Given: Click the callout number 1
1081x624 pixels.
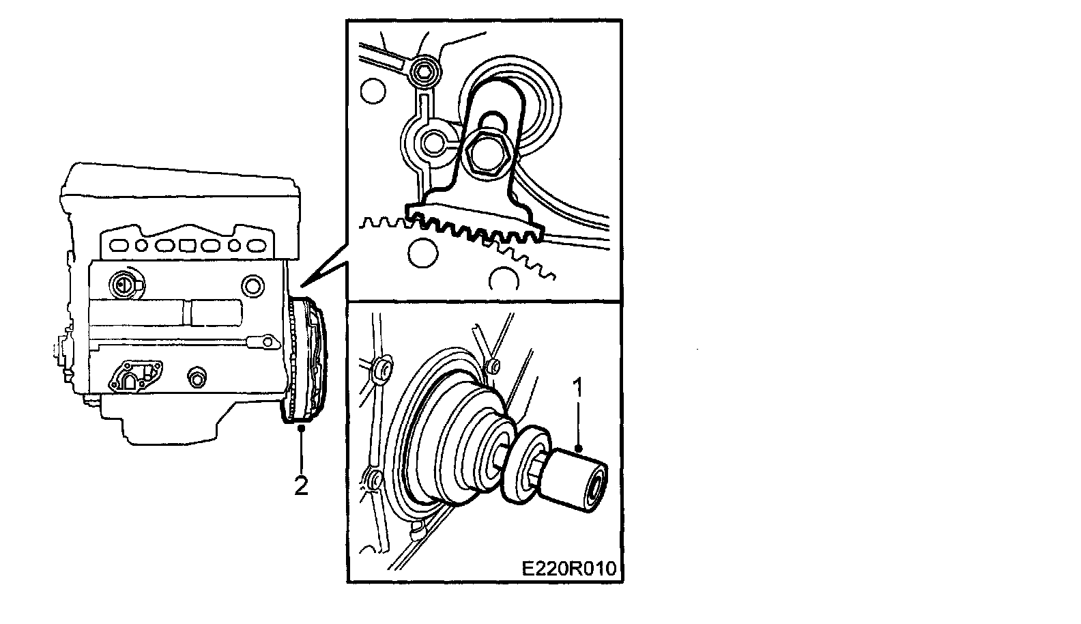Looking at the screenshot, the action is click(577, 388).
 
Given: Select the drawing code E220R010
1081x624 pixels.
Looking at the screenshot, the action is click(569, 569).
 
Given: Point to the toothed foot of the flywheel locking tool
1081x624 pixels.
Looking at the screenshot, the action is click(476, 223).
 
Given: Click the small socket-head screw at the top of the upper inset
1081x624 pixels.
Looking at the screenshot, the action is click(424, 72).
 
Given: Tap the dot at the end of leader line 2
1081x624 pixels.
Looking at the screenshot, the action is click(302, 427).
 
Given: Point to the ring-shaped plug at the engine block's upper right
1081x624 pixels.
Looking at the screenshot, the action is click(253, 286).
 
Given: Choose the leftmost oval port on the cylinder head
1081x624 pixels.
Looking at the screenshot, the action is click(118, 245).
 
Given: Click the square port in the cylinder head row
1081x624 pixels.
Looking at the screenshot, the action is click(187, 245).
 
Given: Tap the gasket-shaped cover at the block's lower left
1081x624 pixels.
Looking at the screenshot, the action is click(135, 376).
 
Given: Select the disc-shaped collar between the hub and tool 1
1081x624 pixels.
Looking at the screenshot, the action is click(526, 465).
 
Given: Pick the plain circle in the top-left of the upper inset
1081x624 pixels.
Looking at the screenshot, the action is click(373, 90).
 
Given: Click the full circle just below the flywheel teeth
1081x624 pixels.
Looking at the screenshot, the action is click(422, 253).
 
